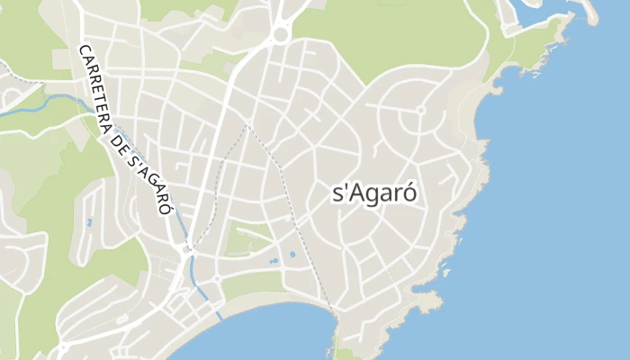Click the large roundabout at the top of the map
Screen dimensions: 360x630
(280, 34)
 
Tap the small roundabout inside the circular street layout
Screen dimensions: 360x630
(419, 111)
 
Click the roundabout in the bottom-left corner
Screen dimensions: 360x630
(64, 346)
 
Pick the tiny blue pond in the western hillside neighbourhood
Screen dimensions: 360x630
(88, 221)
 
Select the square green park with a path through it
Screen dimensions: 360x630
(248, 238)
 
